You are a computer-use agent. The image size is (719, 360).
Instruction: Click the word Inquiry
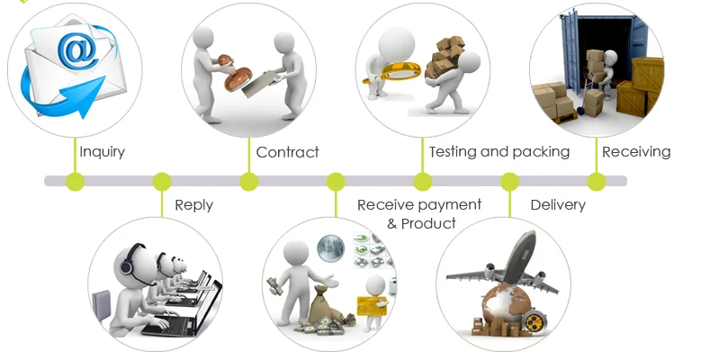(x=102, y=152)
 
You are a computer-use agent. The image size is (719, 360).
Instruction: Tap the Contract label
(x=287, y=152)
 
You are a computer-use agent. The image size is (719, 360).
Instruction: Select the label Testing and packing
(x=499, y=152)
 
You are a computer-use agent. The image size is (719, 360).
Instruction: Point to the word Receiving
(x=636, y=152)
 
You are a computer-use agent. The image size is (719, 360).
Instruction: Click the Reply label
(x=194, y=205)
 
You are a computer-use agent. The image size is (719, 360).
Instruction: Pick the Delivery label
(x=558, y=204)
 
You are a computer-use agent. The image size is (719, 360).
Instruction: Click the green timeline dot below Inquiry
(x=76, y=182)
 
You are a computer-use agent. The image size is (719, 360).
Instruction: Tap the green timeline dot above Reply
(x=162, y=182)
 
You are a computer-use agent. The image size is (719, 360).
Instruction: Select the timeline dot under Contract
(x=249, y=182)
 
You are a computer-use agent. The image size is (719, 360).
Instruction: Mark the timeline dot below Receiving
(x=597, y=182)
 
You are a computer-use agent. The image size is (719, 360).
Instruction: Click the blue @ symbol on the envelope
(x=77, y=49)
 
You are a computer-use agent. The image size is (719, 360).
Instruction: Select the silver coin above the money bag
(x=330, y=248)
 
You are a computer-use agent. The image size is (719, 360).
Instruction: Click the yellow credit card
(x=372, y=306)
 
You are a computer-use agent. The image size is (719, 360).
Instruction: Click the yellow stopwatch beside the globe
(x=533, y=321)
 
